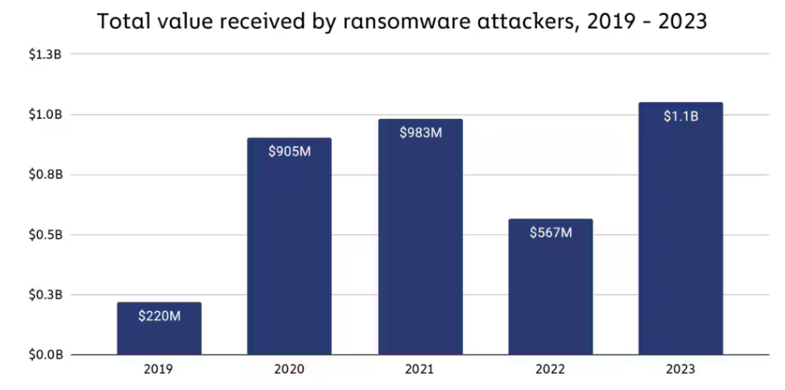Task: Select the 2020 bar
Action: tap(289, 257)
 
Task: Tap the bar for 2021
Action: tap(420, 249)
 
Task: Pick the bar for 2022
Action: tap(551, 298)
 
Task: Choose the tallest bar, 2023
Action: tap(680, 241)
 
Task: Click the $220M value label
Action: tap(159, 316)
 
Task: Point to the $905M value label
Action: tap(289, 151)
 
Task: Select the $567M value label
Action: tap(551, 232)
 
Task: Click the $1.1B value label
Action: tap(680, 117)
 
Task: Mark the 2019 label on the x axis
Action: tap(159, 370)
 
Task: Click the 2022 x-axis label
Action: tap(551, 370)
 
